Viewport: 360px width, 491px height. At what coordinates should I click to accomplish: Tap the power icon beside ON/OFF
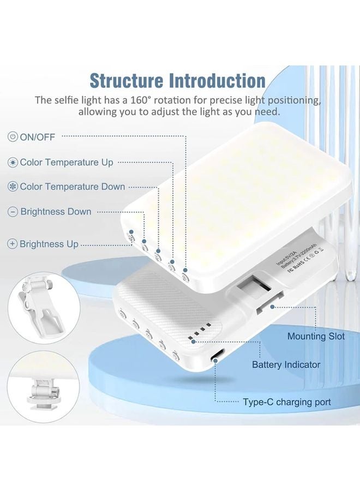[x=13, y=137]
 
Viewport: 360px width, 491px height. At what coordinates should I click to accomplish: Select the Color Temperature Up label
[x=67, y=162]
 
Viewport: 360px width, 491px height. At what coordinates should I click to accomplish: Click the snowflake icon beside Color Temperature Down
[x=13, y=187]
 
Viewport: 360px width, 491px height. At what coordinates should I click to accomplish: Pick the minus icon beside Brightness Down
[x=13, y=212]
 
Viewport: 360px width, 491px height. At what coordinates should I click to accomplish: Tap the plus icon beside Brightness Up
[x=13, y=244]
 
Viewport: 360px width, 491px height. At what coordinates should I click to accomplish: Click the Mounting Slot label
[x=316, y=336]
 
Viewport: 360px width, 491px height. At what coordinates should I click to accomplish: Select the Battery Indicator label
[x=286, y=364]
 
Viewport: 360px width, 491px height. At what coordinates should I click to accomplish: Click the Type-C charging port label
[x=286, y=403]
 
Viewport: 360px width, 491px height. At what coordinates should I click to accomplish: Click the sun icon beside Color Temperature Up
[x=13, y=162]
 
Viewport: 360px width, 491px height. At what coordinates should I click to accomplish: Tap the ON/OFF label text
[x=38, y=137]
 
